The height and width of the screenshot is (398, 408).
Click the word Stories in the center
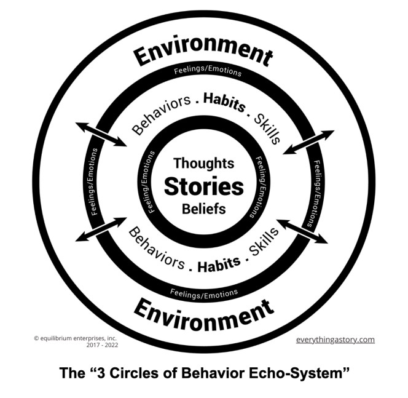(x=203, y=186)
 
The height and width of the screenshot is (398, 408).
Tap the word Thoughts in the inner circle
(x=203, y=164)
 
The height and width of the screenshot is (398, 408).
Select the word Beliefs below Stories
(x=203, y=209)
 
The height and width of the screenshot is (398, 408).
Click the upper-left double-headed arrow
(x=101, y=134)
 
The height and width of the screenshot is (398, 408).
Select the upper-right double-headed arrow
(x=308, y=142)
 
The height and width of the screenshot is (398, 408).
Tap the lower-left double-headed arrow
(x=101, y=230)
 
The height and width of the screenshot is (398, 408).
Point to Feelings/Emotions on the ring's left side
(x=95, y=182)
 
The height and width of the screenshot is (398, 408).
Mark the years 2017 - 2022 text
(x=101, y=345)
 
